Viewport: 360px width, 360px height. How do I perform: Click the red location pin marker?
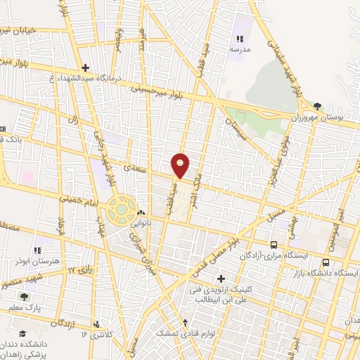tap(181, 165)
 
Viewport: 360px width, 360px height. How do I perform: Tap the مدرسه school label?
tap(240, 50)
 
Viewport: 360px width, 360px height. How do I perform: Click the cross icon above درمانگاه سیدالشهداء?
tap(86, 68)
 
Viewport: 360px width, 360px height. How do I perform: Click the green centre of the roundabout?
tap(122, 209)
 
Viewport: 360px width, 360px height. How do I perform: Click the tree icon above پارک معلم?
tap(25, 297)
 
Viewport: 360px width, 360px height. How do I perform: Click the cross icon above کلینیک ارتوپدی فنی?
tap(222, 278)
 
